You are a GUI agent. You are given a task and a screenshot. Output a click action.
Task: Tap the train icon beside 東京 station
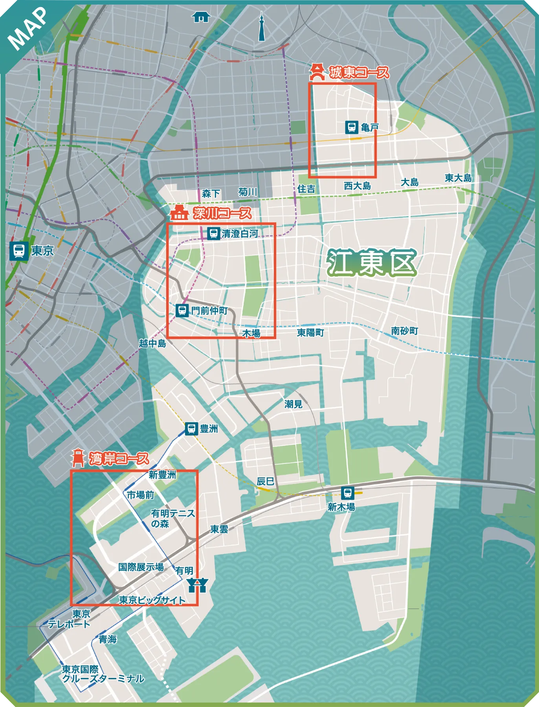click(18, 251)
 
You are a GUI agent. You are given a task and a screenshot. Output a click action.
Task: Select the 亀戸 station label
click(369, 127)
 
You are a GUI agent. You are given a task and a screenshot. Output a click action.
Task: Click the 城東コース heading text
click(359, 73)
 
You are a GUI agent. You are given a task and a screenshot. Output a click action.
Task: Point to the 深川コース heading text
click(222, 213)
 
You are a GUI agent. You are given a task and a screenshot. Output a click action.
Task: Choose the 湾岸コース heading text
click(119, 458)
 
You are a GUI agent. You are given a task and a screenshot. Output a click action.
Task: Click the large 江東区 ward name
click(371, 263)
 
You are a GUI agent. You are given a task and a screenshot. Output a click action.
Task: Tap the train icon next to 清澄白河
click(213, 233)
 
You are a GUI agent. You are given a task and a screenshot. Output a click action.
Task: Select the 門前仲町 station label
click(209, 311)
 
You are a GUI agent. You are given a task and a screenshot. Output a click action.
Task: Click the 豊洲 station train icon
click(191, 429)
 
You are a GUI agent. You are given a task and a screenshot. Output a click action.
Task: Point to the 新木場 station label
click(341, 507)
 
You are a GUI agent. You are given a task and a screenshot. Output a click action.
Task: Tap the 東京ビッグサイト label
click(152, 600)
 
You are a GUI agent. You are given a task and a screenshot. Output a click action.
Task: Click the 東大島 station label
click(458, 178)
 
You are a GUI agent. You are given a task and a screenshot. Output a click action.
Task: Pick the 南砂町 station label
click(404, 331)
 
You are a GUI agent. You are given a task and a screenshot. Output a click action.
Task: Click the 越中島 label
click(152, 343)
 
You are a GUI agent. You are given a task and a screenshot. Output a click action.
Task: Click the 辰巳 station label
click(265, 481)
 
